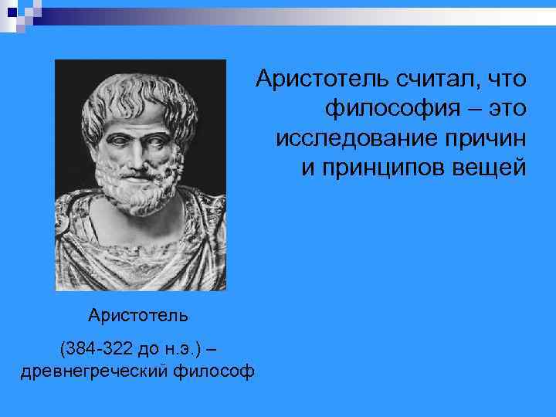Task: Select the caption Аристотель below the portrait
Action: pos(138,315)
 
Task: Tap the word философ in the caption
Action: pos(215,372)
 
